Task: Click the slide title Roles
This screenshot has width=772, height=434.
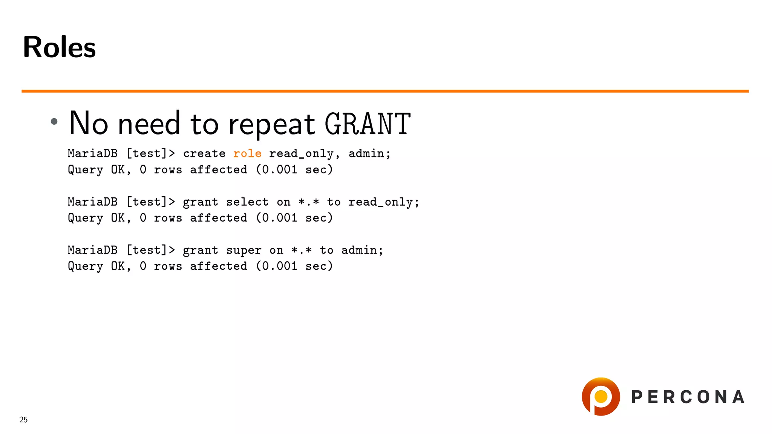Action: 59,47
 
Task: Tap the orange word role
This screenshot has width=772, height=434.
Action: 247,154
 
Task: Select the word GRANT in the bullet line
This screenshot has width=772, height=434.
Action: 368,124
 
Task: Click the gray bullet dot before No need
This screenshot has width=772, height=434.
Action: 54,121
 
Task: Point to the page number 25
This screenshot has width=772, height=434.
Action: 23,420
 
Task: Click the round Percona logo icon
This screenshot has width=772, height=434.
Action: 600,397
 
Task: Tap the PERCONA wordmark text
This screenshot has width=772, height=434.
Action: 688,397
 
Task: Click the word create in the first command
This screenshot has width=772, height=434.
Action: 204,154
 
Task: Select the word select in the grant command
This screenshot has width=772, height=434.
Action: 247,202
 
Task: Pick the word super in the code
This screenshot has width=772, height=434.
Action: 244,251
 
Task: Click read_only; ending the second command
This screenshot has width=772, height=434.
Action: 383,202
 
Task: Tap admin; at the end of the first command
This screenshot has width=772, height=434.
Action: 369,154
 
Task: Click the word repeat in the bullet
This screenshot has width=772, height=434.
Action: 271,124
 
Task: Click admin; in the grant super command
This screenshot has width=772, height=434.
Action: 362,250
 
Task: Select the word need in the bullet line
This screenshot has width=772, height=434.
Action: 149,124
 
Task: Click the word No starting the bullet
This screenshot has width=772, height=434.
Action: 88,123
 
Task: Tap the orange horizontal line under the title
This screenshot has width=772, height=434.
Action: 384,91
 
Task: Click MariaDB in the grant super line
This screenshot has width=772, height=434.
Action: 92,250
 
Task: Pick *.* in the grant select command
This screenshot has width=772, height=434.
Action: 308,202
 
